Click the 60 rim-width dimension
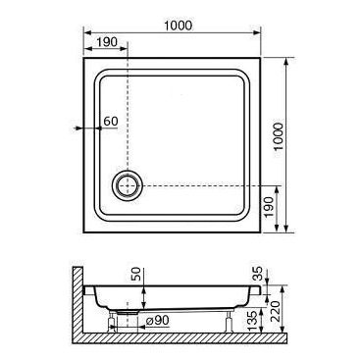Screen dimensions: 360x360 [x=110, y=121]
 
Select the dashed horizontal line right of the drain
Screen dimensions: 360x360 [x=206, y=183]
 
